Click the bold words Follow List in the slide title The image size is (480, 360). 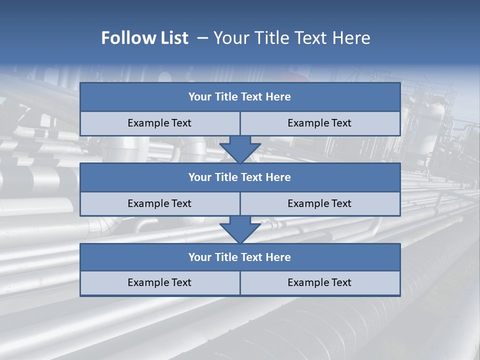[x=144, y=38]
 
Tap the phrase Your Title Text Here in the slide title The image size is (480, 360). [x=291, y=38]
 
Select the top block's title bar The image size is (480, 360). [x=239, y=97]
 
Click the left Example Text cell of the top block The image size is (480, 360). [x=159, y=123]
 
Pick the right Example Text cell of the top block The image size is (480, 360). [x=319, y=123]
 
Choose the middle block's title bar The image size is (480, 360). [x=239, y=177]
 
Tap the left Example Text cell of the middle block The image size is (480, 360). [x=159, y=203]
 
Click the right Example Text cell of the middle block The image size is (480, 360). [x=319, y=203]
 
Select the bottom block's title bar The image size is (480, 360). [x=239, y=257]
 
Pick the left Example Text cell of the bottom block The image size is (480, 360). [x=159, y=282]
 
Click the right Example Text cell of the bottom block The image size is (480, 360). [x=319, y=282]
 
